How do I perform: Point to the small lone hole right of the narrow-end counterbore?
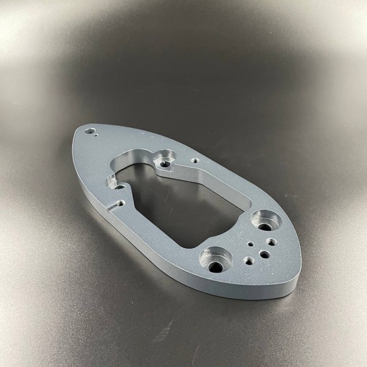[195, 161]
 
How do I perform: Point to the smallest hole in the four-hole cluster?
[251, 244]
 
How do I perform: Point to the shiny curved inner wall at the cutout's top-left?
[123, 166]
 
